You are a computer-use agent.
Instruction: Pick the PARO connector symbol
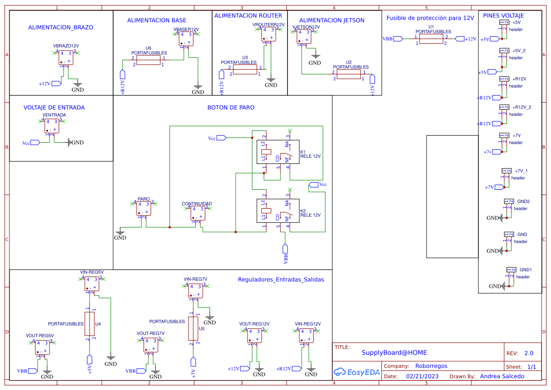(144, 209)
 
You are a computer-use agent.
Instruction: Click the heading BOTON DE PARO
(231, 107)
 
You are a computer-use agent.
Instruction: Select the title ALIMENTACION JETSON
(331, 20)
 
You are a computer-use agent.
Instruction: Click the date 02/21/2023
(422, 376)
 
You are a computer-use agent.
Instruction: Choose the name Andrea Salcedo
(502, 376)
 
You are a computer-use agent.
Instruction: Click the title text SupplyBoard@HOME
(394, 352)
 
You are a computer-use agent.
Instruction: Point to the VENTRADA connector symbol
(52, 125)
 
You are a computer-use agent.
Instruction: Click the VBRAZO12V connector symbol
(66, 57)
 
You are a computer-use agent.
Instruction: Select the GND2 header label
(523, 201)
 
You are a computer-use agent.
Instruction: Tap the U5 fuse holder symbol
(193, 328)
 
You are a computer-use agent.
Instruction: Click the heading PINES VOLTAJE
(503, 16)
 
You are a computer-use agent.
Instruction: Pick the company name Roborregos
(431, 366)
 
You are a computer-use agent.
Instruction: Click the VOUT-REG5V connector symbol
(41, 348)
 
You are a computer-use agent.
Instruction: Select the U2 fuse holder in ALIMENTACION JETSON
(348, 74)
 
